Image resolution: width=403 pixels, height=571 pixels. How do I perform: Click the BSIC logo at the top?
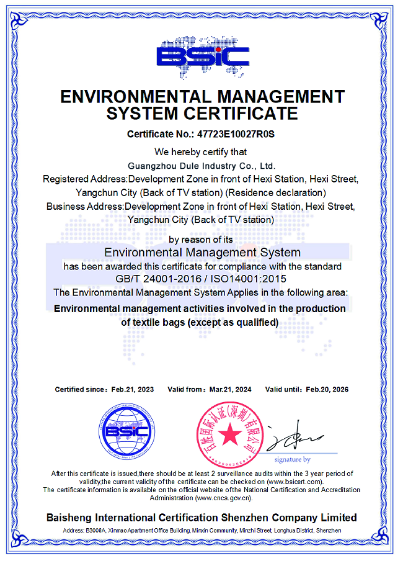[x=202, y=56]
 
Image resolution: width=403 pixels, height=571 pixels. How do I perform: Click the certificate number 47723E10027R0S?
[x=236, y=134]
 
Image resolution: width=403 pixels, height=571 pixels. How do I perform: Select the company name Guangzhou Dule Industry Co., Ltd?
[x=201, y=166]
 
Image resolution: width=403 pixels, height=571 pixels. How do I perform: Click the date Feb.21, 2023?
[x=132, y=390]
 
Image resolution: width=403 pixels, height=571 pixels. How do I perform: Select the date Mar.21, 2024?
[x=230, y=390]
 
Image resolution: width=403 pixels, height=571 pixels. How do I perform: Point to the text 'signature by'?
[x=293, y=460]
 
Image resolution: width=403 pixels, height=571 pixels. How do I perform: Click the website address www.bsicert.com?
[x=294, y=482]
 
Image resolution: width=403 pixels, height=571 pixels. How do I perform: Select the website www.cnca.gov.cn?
[x=223, y=498]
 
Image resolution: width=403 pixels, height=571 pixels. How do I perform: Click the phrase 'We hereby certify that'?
[x=201, y=152]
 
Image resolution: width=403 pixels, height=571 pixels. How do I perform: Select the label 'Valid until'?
[x=282, y=390]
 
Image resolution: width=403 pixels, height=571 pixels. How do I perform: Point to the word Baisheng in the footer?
[x=68, y=518]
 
